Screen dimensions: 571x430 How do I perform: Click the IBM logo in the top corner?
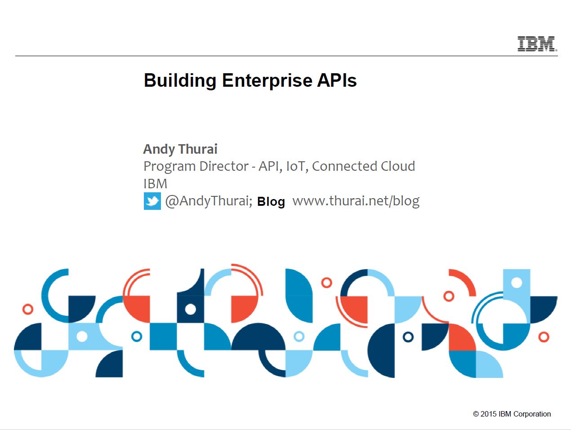[537, 44]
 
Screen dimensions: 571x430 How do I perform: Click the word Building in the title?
[180, 81]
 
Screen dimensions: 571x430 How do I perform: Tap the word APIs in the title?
[337, 80]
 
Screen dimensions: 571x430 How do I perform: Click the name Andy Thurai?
[180, 150]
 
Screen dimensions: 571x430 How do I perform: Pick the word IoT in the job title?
[295, 166]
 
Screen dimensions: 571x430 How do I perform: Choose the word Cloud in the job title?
[398, 166]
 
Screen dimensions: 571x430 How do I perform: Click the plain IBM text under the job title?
[155, 184]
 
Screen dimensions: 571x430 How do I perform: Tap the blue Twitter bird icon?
[152, 201]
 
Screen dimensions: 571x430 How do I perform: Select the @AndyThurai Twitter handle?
[209, 201]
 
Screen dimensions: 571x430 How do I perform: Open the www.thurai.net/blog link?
[356, 201]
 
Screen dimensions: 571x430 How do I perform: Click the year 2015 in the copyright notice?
[488, 414]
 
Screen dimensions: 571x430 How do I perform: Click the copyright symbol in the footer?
[476, 414]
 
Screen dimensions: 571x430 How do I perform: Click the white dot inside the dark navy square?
[191, 310]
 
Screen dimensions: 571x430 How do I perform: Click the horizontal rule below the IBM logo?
[286, 56]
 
